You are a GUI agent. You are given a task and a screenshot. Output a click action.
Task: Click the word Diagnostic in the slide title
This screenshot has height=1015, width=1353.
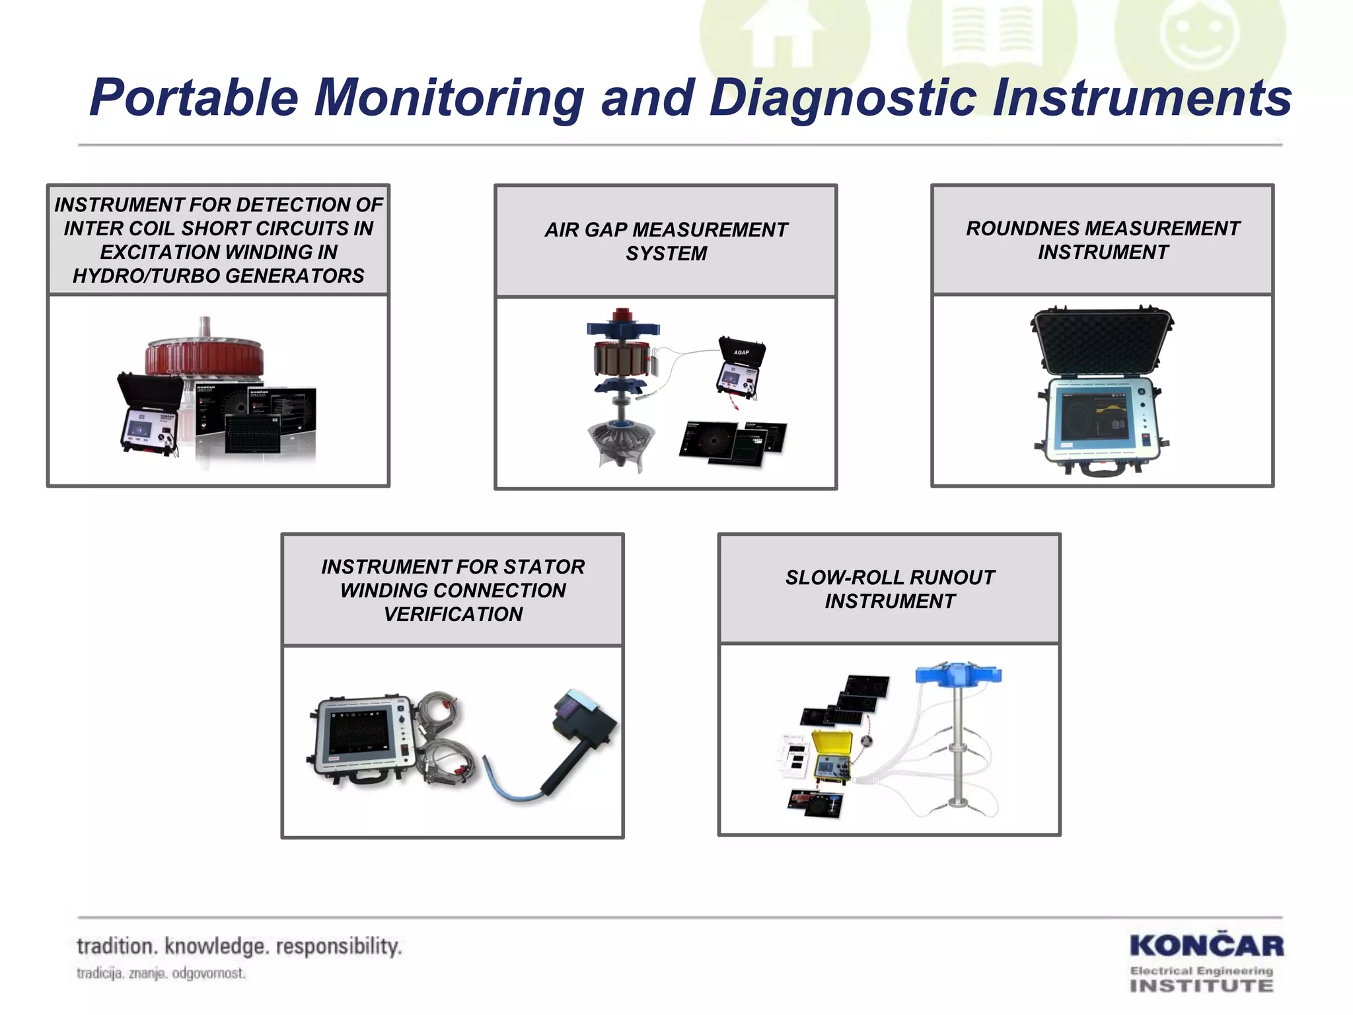pos(842,98)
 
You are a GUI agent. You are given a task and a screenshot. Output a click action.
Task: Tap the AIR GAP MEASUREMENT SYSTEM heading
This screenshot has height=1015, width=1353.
pos(666,241)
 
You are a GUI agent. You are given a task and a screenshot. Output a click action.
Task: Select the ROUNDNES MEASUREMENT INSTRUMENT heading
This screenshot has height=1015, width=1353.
pos(1103,240)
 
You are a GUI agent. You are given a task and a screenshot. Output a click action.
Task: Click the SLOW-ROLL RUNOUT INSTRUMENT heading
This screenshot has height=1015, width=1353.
pos(889,589)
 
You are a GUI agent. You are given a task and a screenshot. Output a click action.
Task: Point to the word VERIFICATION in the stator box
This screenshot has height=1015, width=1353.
pos(453,614)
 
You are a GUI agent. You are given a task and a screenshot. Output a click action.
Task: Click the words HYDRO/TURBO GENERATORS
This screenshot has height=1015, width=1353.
pos(218,276)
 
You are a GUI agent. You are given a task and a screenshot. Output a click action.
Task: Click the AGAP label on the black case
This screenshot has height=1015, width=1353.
pos(741,352)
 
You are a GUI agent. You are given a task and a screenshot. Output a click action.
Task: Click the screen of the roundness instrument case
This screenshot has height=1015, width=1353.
pos(1093,416)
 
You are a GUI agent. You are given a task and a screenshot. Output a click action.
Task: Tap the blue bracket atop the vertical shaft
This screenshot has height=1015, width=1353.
pos(958,674)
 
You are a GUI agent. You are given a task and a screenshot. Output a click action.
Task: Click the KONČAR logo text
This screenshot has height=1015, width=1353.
pos(1206,946)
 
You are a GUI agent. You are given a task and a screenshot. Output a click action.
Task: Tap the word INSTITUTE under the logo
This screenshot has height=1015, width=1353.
pos(1201,986)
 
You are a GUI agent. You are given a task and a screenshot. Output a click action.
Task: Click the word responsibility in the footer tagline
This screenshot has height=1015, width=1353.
pos(339,946)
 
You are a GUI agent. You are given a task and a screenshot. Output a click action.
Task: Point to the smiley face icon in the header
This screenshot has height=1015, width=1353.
pos(1200,33)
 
